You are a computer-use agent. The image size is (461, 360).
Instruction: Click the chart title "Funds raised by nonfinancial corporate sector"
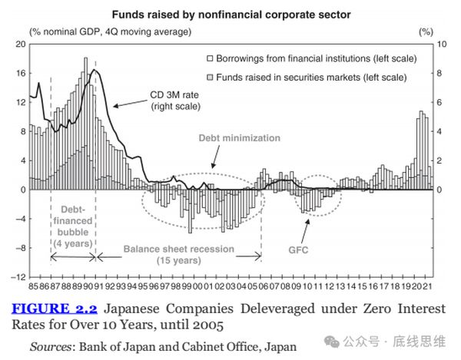231,14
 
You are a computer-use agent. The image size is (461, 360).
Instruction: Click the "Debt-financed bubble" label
73,221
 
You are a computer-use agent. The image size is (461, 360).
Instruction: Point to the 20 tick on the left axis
21,45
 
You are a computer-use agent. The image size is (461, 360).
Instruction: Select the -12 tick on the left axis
18,276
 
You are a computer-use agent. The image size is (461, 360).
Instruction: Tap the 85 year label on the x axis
32,286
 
